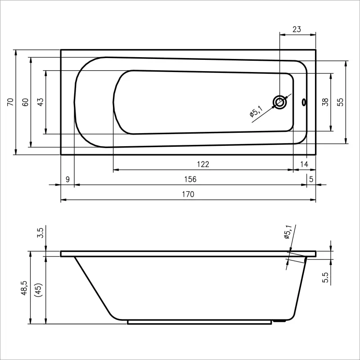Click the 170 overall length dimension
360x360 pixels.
pyautogui.click(x=188, y=194)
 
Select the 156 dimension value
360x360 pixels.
pyautogui.click(x=190, y=179)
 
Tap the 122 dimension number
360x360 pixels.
pyautogui.click(x=203, y=164)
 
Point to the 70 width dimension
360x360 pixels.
pyautogui.click(x=10, y=102)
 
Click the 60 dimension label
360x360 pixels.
pyautogui.click(x=25, y=102)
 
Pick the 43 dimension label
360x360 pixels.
pyautogui.click(x=40, y=102)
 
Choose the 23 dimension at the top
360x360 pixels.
pyautogui.click(x=297, y=29)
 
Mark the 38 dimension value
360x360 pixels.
pyautogui.click(x=325, y=102)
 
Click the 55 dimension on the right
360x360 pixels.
pyautogui.click(x=341, y=102)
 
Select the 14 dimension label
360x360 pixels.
pyautogui.click(x=304, y=164)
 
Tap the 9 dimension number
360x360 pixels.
pyautogui.click(x=67, y=179)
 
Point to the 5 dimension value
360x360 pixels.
pyautogui.click(x=311, y=179)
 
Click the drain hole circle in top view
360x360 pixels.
pyautogui.click(x=280, y=102)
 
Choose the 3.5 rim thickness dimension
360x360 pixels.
pyautogui.click(x=40, y=233)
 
